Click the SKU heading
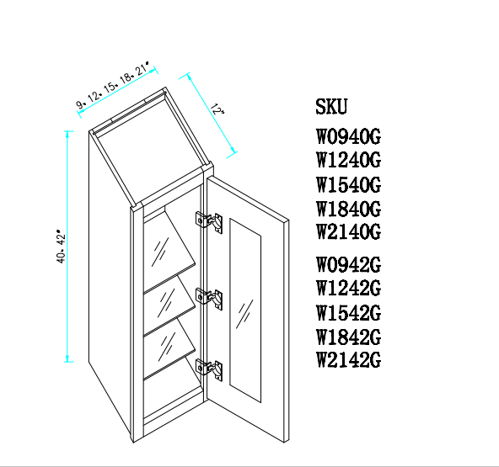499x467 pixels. (331, 106)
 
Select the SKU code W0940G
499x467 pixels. (348, 136)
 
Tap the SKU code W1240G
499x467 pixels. (348, 160)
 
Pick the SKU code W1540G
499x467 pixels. (348, 184)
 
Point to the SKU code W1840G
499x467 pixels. (348, 209)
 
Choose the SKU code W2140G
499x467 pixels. (348, 231)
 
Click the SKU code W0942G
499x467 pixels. (348, 264)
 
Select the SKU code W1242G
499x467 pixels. (348, 288)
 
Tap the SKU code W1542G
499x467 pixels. (348, 313)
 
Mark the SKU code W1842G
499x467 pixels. (348, 337)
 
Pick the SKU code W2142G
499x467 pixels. (348, 360)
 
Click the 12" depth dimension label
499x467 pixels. (217, 109)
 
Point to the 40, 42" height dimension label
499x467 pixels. (61, 247)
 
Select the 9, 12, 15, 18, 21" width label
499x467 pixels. (113, 85)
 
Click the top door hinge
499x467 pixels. (209, 222)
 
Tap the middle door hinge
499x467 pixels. (209, 299)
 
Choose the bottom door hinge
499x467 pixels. (209, 369)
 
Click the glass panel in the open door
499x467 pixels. (245, 310)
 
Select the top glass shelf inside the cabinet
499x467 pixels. (168, 250)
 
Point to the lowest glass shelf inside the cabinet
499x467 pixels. (169, 348)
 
